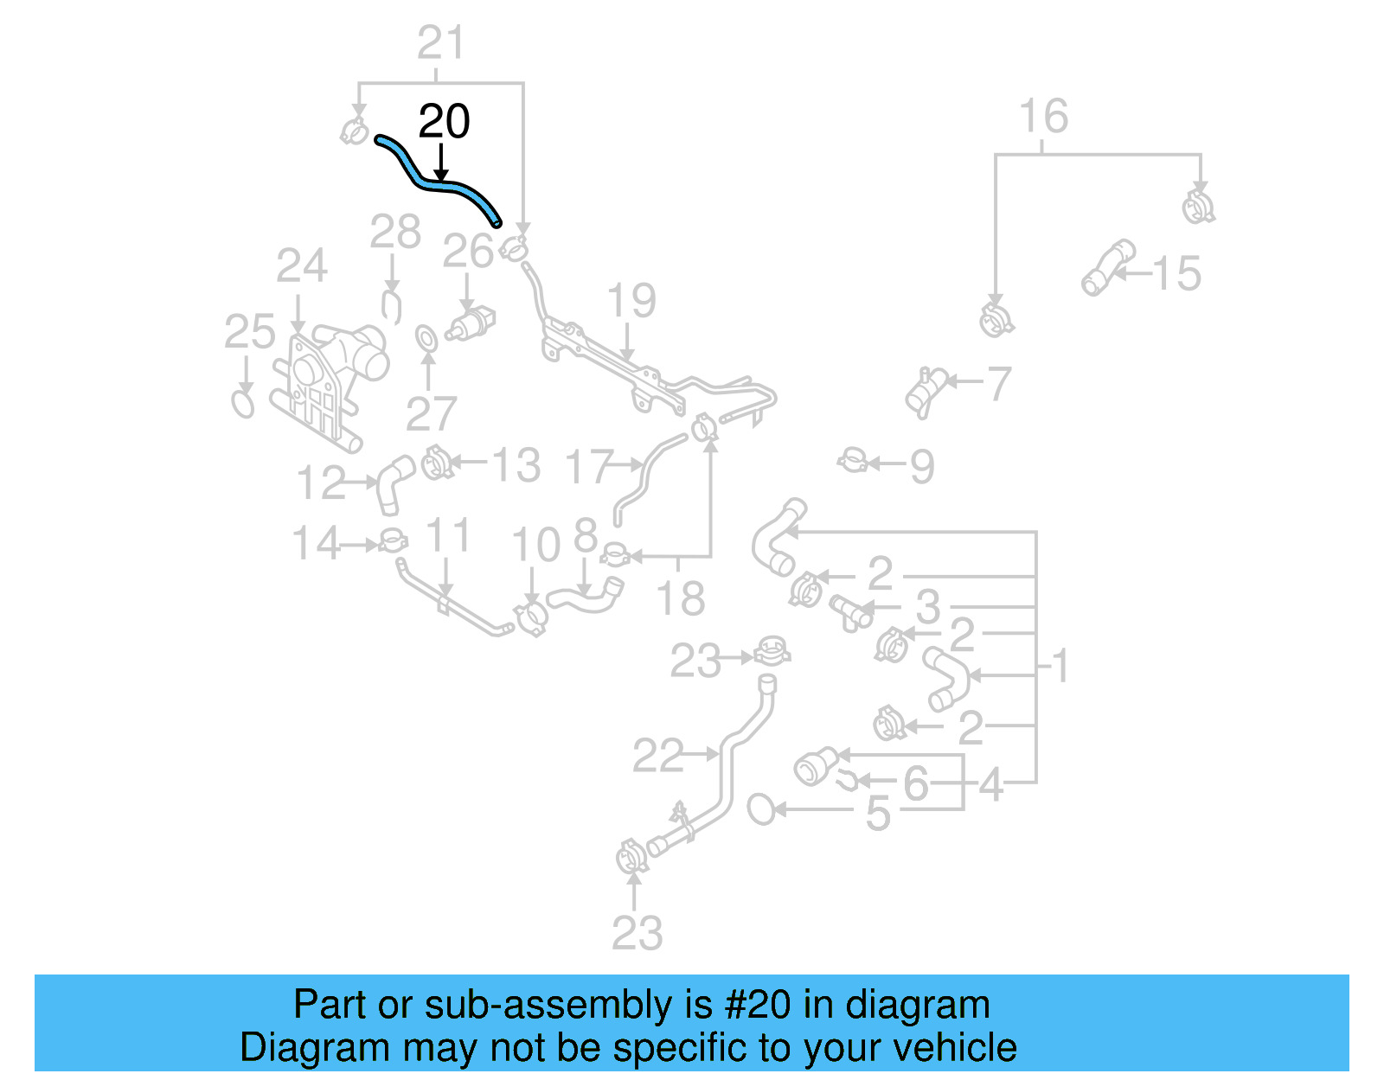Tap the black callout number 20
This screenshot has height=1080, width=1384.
[444, 122]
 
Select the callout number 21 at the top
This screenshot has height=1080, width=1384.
[441, 42]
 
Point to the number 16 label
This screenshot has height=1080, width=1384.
[1043, 117]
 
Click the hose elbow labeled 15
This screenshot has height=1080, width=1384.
[1107, 267]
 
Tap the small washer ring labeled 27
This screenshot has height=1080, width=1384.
[426, 338]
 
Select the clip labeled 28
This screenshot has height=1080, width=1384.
[391, 306]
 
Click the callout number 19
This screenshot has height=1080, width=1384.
[631, 301]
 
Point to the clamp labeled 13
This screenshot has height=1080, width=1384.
[437, 464]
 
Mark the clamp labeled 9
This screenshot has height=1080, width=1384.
[853, 461]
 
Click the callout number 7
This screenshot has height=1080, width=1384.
[999, 384]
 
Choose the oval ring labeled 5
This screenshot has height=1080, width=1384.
[761, 809]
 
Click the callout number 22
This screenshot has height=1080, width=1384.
[657, 756]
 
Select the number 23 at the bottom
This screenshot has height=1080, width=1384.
[637, 933]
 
